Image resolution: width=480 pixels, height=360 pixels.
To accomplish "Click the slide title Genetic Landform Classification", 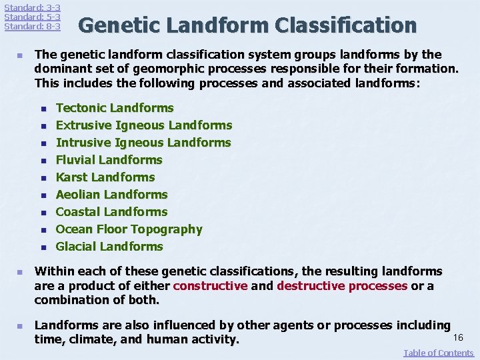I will [247, 26].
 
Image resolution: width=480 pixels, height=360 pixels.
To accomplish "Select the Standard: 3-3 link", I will [32, 7].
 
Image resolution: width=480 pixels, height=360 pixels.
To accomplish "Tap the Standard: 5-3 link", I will [32, 17].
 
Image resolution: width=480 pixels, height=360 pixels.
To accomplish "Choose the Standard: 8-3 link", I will [32, 27].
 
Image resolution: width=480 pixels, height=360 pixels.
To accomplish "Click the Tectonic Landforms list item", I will [115, 108].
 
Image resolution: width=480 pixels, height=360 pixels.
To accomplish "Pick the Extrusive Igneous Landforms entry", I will [144, 125].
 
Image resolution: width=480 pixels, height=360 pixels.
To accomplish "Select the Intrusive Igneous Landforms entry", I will [143, 143].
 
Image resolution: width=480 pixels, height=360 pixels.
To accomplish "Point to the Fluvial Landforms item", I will [109, 160].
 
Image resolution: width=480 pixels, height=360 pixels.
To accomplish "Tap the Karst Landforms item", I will [105, 177].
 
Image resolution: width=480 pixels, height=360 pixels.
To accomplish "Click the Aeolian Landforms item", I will [111, 195].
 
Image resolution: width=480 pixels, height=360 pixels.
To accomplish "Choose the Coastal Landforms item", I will [111, 212].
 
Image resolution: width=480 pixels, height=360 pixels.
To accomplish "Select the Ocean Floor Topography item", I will [129, 229].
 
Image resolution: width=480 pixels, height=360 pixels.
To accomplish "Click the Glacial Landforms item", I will [109, 247].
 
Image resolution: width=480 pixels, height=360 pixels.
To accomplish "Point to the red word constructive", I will [210, 286].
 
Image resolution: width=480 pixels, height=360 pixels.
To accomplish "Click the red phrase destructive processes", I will [342, 286].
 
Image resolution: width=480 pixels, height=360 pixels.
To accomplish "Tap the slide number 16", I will [458, 338].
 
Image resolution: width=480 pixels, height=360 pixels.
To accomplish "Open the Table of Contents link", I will [438, 353].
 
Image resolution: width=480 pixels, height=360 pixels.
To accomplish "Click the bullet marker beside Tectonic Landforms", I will [42, 109].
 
